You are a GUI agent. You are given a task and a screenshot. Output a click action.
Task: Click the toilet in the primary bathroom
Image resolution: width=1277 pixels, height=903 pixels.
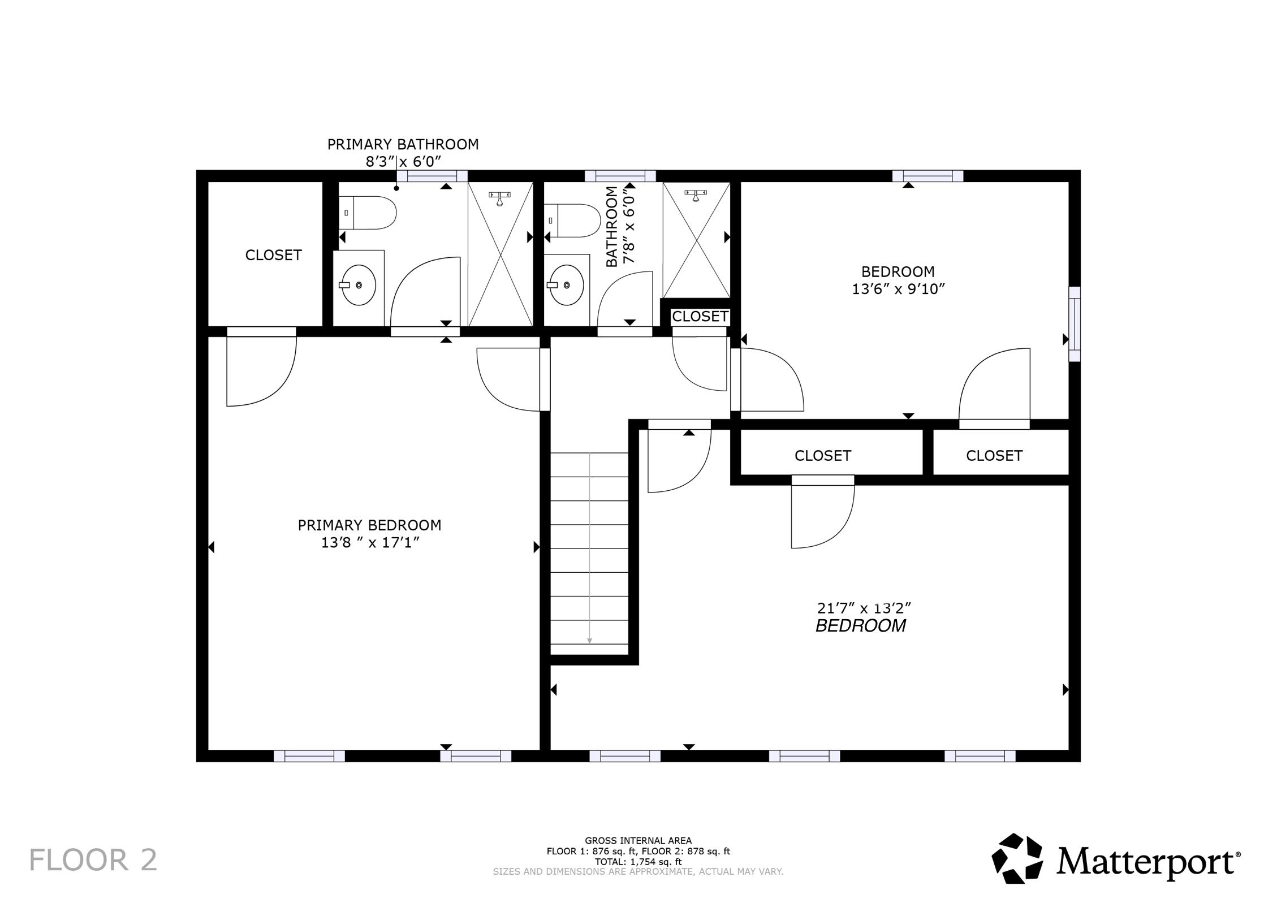click(368, 213)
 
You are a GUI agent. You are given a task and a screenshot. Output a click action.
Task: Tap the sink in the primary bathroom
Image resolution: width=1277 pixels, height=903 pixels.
click(359, 285)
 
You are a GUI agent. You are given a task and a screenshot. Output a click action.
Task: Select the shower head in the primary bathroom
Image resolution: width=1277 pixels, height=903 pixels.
click(500, 198)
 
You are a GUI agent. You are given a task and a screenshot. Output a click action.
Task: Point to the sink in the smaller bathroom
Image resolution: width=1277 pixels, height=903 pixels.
click(567, 285)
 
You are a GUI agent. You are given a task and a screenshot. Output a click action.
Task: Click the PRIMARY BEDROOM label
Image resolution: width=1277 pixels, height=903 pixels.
click(369, 525)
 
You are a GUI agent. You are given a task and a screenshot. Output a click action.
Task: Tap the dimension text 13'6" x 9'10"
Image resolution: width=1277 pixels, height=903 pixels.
click(898, 289)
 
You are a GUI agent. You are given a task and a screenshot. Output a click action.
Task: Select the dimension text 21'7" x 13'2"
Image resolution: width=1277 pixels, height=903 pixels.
click(864, 608)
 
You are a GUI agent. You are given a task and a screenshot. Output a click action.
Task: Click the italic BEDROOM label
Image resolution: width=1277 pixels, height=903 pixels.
click(860, 626)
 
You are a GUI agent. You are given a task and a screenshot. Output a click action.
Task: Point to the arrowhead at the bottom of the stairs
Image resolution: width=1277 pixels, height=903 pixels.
click(589, 641)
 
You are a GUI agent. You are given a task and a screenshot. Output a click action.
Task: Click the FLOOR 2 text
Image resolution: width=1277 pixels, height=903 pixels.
click(93, 860)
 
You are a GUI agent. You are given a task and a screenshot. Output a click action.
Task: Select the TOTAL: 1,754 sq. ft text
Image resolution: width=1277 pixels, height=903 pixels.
click(638, 862)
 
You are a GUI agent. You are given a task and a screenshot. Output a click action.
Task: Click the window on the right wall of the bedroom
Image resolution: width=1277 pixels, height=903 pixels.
click(1074, 324)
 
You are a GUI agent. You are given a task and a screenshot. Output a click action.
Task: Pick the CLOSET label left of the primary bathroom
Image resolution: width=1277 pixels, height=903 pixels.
click(273, 255)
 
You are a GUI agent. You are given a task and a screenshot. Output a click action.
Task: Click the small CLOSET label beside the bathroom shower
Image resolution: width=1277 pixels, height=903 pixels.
click(700, 317)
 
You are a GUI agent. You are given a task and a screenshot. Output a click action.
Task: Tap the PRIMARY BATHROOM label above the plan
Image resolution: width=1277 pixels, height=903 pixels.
click(403, 144)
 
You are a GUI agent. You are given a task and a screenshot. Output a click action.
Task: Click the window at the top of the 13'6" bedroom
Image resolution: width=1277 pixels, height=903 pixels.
click(927, 176)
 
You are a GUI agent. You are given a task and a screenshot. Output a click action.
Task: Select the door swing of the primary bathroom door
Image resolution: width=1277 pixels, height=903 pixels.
click(424, 291)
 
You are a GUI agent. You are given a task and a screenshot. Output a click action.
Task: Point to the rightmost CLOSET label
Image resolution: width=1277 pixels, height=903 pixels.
click(994, 456)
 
